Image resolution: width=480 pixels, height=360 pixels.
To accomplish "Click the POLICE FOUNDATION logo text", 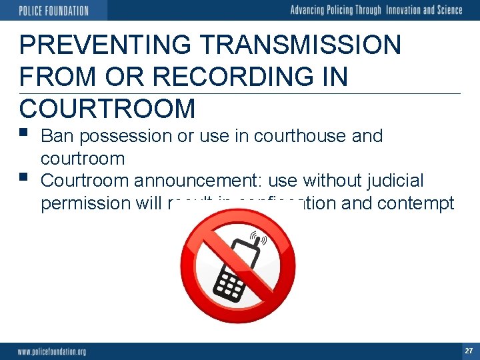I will tap(53, 11).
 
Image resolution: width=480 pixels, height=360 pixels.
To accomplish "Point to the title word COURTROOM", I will tap(107, 108).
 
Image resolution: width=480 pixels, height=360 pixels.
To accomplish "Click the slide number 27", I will tap(469, 351).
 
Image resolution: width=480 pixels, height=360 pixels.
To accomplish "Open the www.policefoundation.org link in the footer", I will tap(52, 351).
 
